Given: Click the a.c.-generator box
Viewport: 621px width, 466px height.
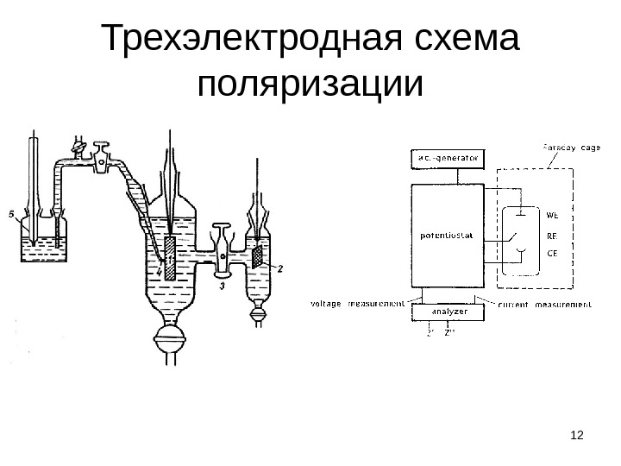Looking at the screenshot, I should pos(448,159).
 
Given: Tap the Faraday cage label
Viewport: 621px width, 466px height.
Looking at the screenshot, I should pos(572,148).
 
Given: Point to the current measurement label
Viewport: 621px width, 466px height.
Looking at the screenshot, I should pos(545,305).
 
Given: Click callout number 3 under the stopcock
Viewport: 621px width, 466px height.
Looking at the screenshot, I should pos(223,287).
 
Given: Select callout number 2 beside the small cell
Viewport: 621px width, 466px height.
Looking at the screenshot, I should pos(279,268).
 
